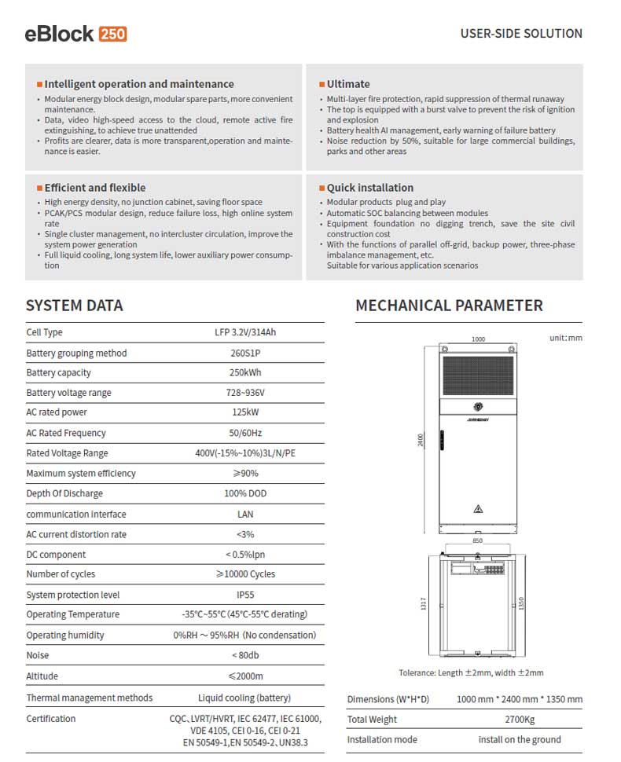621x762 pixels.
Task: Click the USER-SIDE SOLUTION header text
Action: [521, 34]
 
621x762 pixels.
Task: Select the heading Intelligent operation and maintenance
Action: [139, 84]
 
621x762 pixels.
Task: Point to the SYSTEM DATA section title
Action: [75, 306]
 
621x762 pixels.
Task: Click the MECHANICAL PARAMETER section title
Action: [449, 306]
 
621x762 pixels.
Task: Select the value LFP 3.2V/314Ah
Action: [247, 332]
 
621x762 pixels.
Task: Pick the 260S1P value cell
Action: [247, 353]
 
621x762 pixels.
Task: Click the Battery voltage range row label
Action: [68, 393]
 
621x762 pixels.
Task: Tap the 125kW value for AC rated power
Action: [247, 412]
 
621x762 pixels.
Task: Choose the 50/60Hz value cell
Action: [247, 433]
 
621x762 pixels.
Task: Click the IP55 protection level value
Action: [245, 595]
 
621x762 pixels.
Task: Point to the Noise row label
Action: [38, 655]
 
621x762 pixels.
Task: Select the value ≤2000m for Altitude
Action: [245, 676]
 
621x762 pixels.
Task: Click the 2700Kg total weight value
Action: [520, 720]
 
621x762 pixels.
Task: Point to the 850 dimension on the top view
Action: [478, 541]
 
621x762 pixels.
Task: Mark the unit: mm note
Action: [565, 338]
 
